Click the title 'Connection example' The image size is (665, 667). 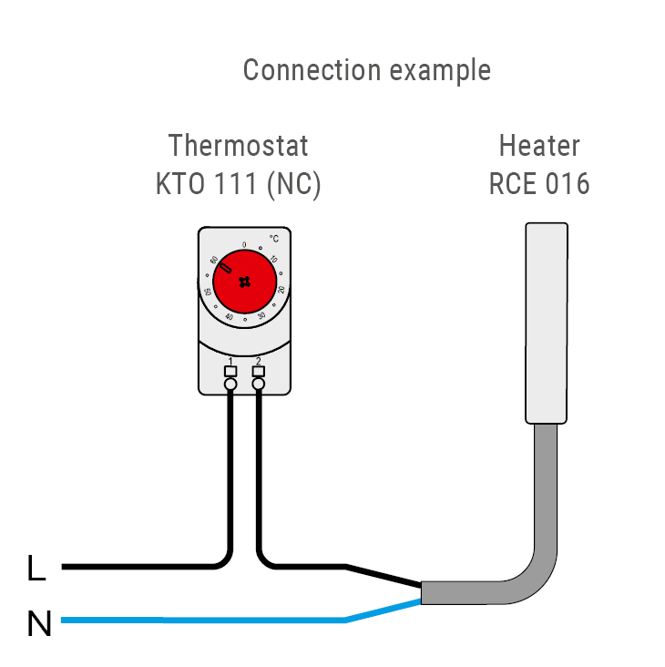click(x=366, y=70)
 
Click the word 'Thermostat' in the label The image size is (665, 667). click(x=239, y=146)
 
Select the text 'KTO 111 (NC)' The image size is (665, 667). click(x=239, y=184)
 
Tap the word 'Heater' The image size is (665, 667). click(x=539, y=146)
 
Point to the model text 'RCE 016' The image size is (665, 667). click(x=539, y=184)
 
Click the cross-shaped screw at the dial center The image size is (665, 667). click(x=244, y=282)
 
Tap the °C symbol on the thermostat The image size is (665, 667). click(x=273, y=238)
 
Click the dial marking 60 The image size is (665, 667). click(x=214, y=260)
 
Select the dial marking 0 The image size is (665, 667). click(x=244, y=245)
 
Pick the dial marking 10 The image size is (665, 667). click(x=274, y=260)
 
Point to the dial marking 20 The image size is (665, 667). click(x=281, y=289)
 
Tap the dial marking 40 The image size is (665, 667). click(x=228, y=316)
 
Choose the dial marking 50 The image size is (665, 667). click(x=208, y=292)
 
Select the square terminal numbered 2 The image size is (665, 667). click(x=259, y=371)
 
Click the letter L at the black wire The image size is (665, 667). click(x=36, y=570)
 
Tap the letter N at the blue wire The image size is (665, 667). click(x=39, y=625)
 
